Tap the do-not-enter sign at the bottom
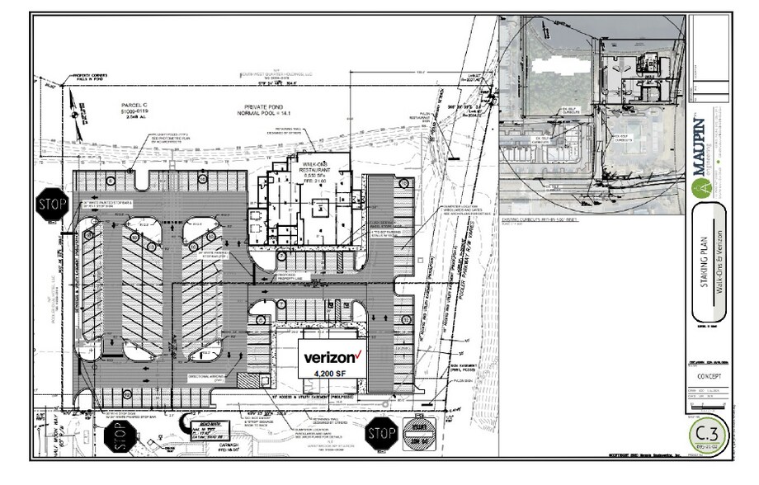pos(417,431)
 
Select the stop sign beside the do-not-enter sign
pos(380,431)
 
